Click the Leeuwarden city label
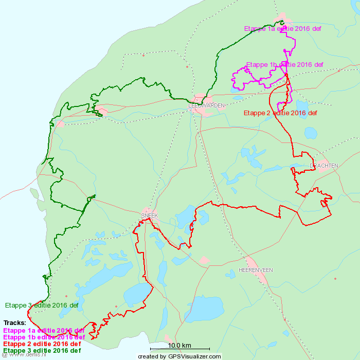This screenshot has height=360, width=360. [207, 105]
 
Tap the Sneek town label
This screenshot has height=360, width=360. [149, 215]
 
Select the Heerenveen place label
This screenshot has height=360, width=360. [256, 270]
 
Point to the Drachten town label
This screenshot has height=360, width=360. [324, 166]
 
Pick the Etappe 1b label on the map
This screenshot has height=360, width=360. [284, 65]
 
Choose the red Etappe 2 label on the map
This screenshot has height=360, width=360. [280, 113]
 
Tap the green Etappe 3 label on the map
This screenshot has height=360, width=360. [42, 305]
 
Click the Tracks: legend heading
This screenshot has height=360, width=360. [14, 323]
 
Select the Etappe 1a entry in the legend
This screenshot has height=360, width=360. [44, 330]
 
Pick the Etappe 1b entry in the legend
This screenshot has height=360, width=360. [44, 337]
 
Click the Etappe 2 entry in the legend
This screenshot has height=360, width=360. [42, 344]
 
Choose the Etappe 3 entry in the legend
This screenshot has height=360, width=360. [42, 350]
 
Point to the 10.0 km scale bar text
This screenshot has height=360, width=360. [179, 345]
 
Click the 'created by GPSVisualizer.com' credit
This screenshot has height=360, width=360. [179, 356]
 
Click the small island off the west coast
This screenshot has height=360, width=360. [34, 194]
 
